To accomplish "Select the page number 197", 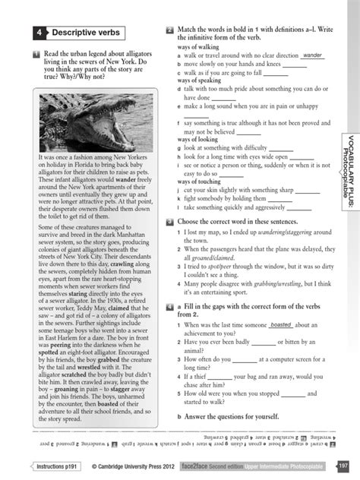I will [x=343, y=465].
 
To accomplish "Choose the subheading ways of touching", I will [x=201, y=181].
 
